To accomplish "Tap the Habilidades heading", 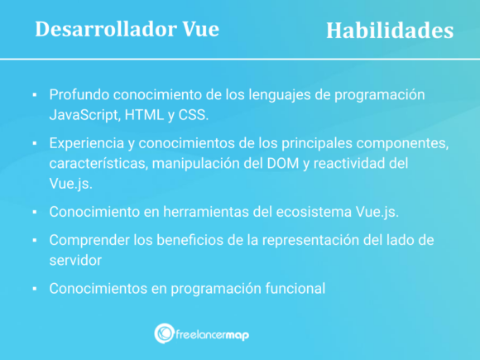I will [x=389, y=31].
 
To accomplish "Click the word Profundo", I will [x=79, y=94].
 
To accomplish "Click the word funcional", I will [x=295, y=289].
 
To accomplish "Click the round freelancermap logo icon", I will [x=163, y=333].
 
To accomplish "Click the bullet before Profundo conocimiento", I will [x=34, y=94].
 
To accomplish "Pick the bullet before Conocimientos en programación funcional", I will [x=34, y=290].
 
